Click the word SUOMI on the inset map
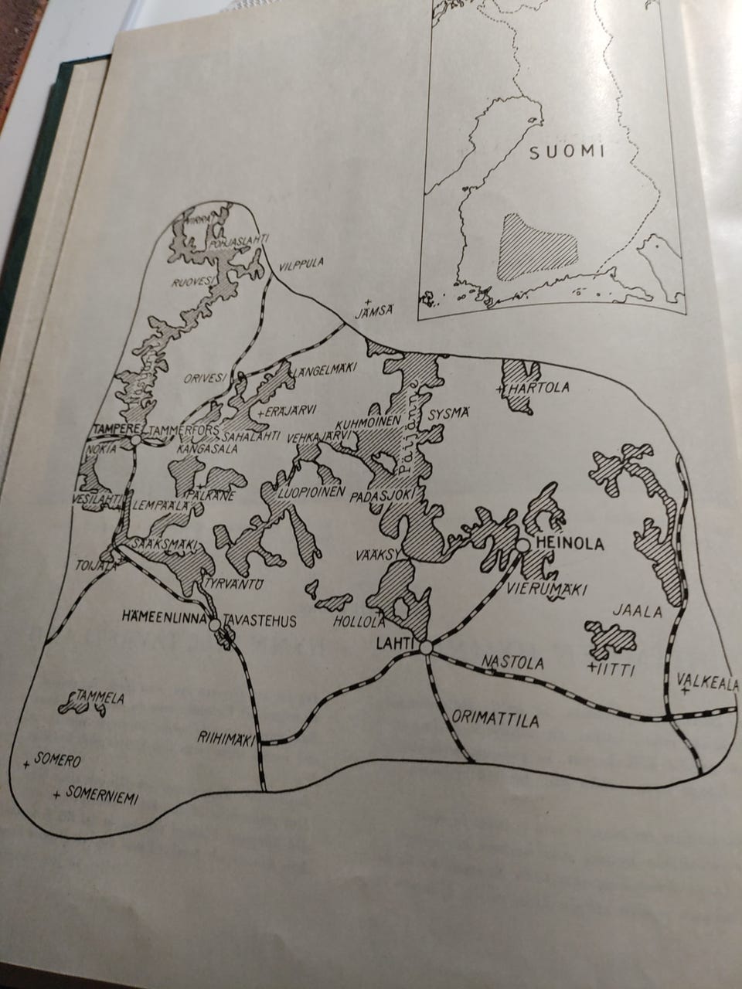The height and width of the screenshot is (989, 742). click(x=567, y=151)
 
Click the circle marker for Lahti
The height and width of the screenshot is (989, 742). click(x=427, y=653)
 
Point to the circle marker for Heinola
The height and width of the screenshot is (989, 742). click(x=523, y=545)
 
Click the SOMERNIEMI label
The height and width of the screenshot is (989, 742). click(x=102, y=796)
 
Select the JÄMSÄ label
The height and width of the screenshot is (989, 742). click(x=374, y=313)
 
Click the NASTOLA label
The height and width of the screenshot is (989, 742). click(x=512, y=663)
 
